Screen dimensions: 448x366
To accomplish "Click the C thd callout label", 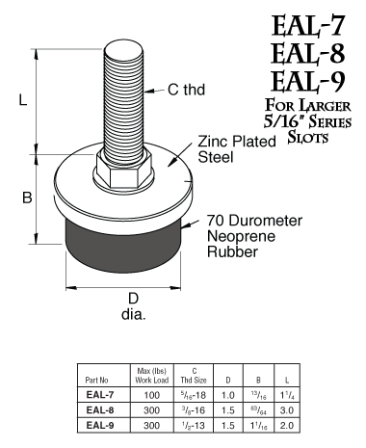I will pos(189,91).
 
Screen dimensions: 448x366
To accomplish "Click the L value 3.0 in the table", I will pos(288,408).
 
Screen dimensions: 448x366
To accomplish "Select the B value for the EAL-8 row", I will pos(258,408).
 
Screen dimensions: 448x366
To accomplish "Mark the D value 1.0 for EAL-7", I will pos(228,395).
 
